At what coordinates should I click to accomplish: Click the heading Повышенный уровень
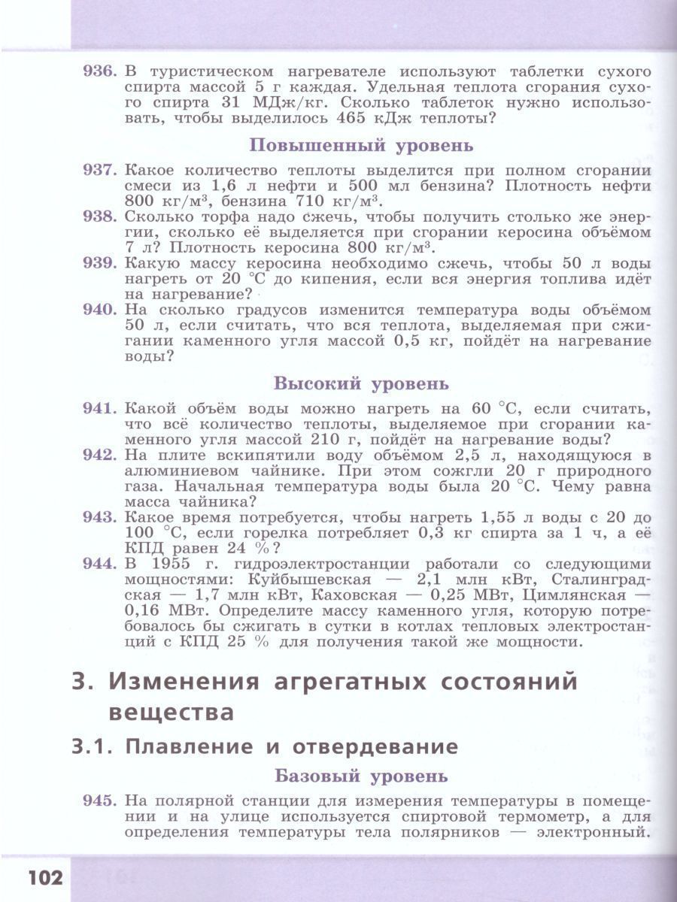pyautogui.click(x=361, y=145)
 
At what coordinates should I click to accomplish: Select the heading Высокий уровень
pyautogui.click(x=361, y=383)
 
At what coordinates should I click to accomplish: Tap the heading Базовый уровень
pyautogui.click(x=361, y=775)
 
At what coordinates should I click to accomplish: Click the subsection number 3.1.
pyautogui.click(x=93, y=747)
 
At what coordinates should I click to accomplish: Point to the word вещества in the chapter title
pyautogui.click(x=172, y=711)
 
